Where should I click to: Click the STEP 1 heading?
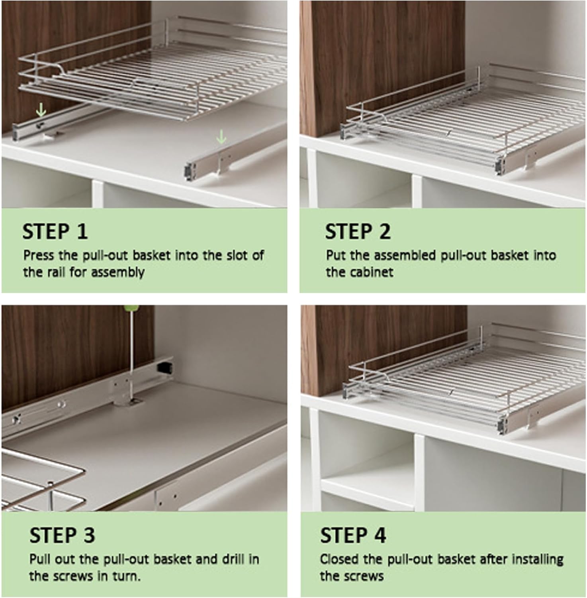(55, 232)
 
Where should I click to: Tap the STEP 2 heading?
(358, 232)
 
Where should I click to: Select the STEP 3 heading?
(62, 535)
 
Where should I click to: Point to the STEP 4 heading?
(353, 535)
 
